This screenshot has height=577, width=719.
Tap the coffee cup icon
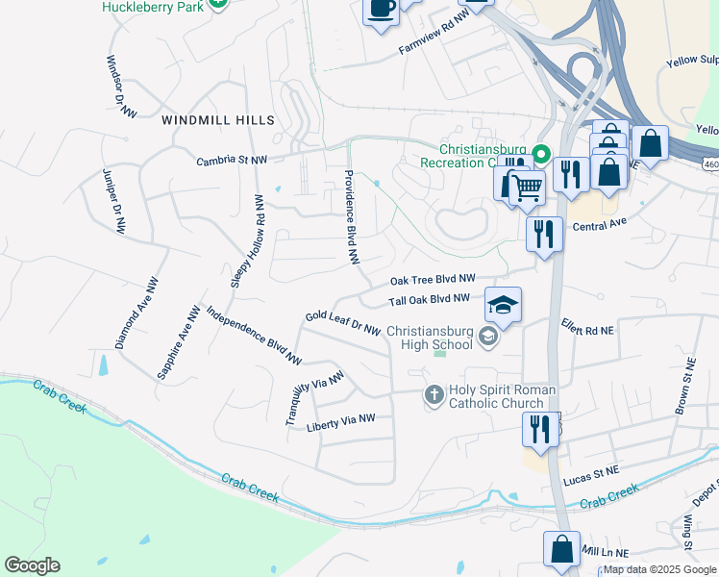point(381,9)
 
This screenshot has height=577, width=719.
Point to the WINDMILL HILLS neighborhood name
point(218,120)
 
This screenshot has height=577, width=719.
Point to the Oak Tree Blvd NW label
point(433,280)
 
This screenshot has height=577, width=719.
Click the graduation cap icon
point(503,305)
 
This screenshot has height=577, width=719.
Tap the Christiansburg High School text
point(430,338)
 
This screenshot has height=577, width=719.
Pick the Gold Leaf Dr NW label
point(343,322)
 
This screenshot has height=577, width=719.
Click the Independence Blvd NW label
point(254,337)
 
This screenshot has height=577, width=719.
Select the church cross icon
point(434,394)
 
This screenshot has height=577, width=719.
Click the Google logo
point(32,565)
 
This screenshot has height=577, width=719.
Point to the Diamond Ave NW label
point(136,314)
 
